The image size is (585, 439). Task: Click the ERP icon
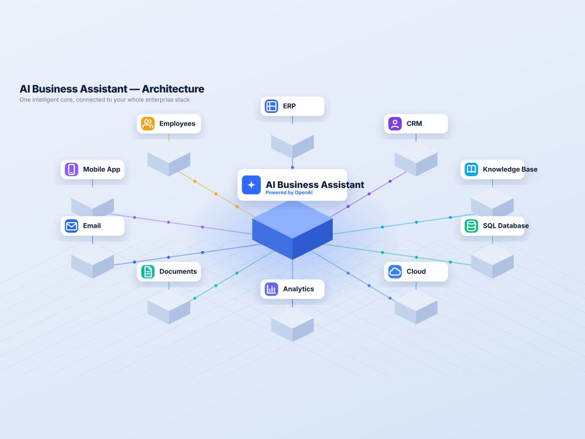tap(271, 106)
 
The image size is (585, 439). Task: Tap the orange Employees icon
tap(148, 124)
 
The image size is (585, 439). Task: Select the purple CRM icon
tap(395, 124)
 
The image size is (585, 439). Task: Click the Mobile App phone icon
tap(71, 169)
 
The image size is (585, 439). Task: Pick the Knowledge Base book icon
tap(471, 169)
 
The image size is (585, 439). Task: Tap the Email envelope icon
tap(71, 226)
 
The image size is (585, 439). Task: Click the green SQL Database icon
tap(471, 226)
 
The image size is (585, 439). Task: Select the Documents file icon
tap(148, 272)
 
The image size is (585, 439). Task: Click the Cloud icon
tap(395, 272)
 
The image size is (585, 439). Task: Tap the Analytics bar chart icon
tap(271, 289)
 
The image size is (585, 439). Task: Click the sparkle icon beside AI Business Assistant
tap(251, 185)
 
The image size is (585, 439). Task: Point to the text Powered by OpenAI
tap(289, 193)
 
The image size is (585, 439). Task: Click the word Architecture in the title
tap(173, 89)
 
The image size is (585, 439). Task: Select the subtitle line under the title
tap(105, 100)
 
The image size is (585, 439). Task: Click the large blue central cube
tap(292, 230)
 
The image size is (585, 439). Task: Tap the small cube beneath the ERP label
tap(292, 147)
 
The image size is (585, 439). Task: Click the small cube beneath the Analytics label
tap(292, 324)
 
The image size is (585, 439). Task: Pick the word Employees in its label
tap(177, 124)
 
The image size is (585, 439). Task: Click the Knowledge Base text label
tap(510, 169)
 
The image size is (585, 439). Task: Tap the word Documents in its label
tap(178, 272)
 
